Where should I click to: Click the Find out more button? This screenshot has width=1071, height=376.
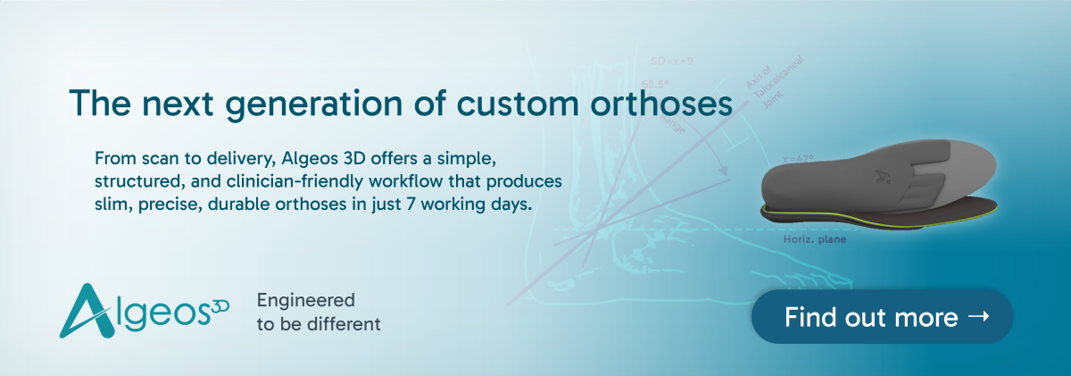(882, 316)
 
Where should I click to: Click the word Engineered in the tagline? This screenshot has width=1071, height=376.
(305, 300)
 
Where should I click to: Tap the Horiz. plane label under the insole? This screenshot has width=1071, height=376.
(807, 240)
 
